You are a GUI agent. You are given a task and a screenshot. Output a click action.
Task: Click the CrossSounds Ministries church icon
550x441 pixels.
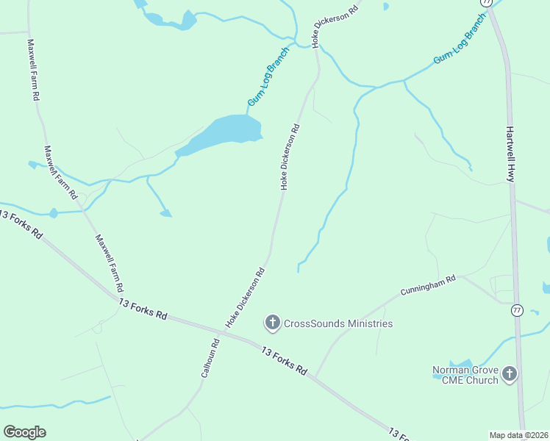272,322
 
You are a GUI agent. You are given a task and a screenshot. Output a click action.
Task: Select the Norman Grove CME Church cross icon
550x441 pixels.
510,374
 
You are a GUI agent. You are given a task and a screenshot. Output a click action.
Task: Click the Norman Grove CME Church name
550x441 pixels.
465,375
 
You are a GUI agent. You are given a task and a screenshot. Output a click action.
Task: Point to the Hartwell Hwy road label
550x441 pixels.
510,153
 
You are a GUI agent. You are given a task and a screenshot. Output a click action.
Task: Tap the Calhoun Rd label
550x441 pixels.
210,358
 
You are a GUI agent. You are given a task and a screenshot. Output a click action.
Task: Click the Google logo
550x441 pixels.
24,432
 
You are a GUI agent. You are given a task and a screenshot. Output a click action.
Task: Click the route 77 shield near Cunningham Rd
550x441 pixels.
518,310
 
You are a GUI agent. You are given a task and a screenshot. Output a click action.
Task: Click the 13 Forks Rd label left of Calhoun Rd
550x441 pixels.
143,308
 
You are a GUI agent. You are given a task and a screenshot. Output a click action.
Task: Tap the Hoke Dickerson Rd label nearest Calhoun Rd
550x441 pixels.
245,297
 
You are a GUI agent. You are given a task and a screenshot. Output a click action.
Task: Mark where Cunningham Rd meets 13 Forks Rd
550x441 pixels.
316,376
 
